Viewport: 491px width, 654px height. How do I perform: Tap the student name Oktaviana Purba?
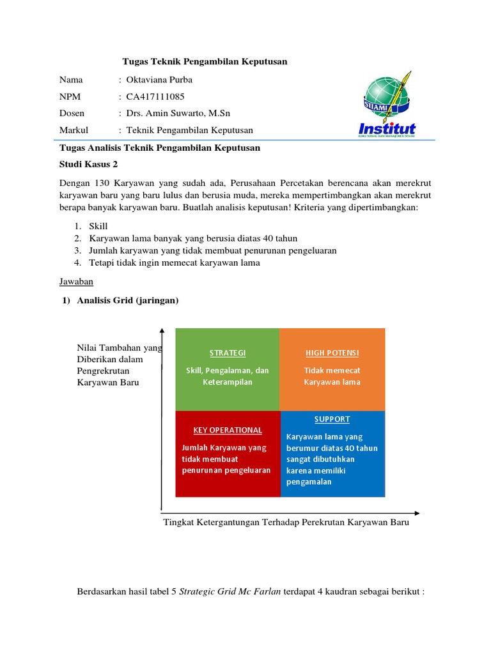(x=159, y=80)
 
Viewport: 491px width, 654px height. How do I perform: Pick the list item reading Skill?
(x=100, y=226)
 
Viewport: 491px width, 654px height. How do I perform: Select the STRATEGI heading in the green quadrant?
(x=228, y=353)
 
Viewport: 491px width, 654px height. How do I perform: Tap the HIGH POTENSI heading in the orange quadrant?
(x=332, y=353)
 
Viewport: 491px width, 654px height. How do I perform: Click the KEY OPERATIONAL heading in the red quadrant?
(x=228, y=430)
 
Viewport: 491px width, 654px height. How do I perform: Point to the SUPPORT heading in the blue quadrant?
(x=332, y=419)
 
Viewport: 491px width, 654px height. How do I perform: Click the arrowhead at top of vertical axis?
(x=163, y=331)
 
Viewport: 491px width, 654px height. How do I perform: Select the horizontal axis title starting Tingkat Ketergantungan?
(x=286, y=522)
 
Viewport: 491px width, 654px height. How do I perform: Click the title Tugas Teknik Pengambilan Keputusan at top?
(x=205, y=61)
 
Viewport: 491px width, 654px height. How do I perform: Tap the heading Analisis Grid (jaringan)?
(x=128, y=300)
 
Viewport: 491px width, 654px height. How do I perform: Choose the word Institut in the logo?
(x=387, y=128)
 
